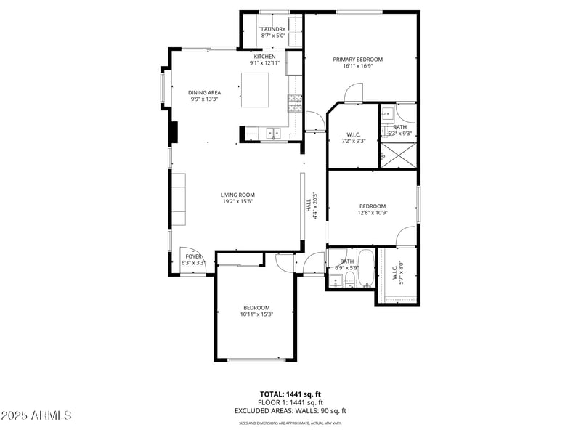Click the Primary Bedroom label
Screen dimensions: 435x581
(x=357, y=60)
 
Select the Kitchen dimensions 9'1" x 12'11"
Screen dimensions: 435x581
(x=264, y=63)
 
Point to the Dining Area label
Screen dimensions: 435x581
(x=204, y=92)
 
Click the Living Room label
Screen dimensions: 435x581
(x=237, y=195)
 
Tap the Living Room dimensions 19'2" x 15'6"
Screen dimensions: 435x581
(x=237, y=202)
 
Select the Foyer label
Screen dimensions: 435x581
(x=193, y=256)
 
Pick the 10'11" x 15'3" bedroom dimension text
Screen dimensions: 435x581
(x=256, y=314)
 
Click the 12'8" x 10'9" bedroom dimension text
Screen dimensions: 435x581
(x=372, y=213)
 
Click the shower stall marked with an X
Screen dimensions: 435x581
(x=398, y=155)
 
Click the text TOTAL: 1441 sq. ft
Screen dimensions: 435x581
(x=290, y=395)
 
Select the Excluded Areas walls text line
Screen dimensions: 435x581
(x=290, y=410)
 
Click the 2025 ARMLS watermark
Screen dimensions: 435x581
(x=36, y=416)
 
